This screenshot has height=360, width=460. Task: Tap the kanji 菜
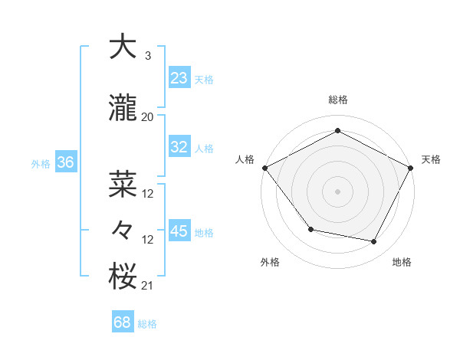123,184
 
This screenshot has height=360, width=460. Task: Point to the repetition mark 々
123,231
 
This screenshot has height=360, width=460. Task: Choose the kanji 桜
123,276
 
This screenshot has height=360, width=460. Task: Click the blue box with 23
179,78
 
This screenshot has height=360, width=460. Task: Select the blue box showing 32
179,147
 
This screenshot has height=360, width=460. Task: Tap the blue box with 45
179,231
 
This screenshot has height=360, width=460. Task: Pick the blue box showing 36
66,162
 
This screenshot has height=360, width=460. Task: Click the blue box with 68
123,322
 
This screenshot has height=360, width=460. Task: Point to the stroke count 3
147,55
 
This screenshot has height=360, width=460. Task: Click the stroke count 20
148,116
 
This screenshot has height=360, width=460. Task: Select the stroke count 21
148,285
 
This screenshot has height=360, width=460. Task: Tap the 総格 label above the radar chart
337,100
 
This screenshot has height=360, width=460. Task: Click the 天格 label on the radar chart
431,159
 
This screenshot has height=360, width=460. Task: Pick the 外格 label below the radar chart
270,263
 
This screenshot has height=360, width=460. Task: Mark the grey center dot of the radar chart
337,191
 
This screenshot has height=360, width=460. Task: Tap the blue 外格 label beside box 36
41,163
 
